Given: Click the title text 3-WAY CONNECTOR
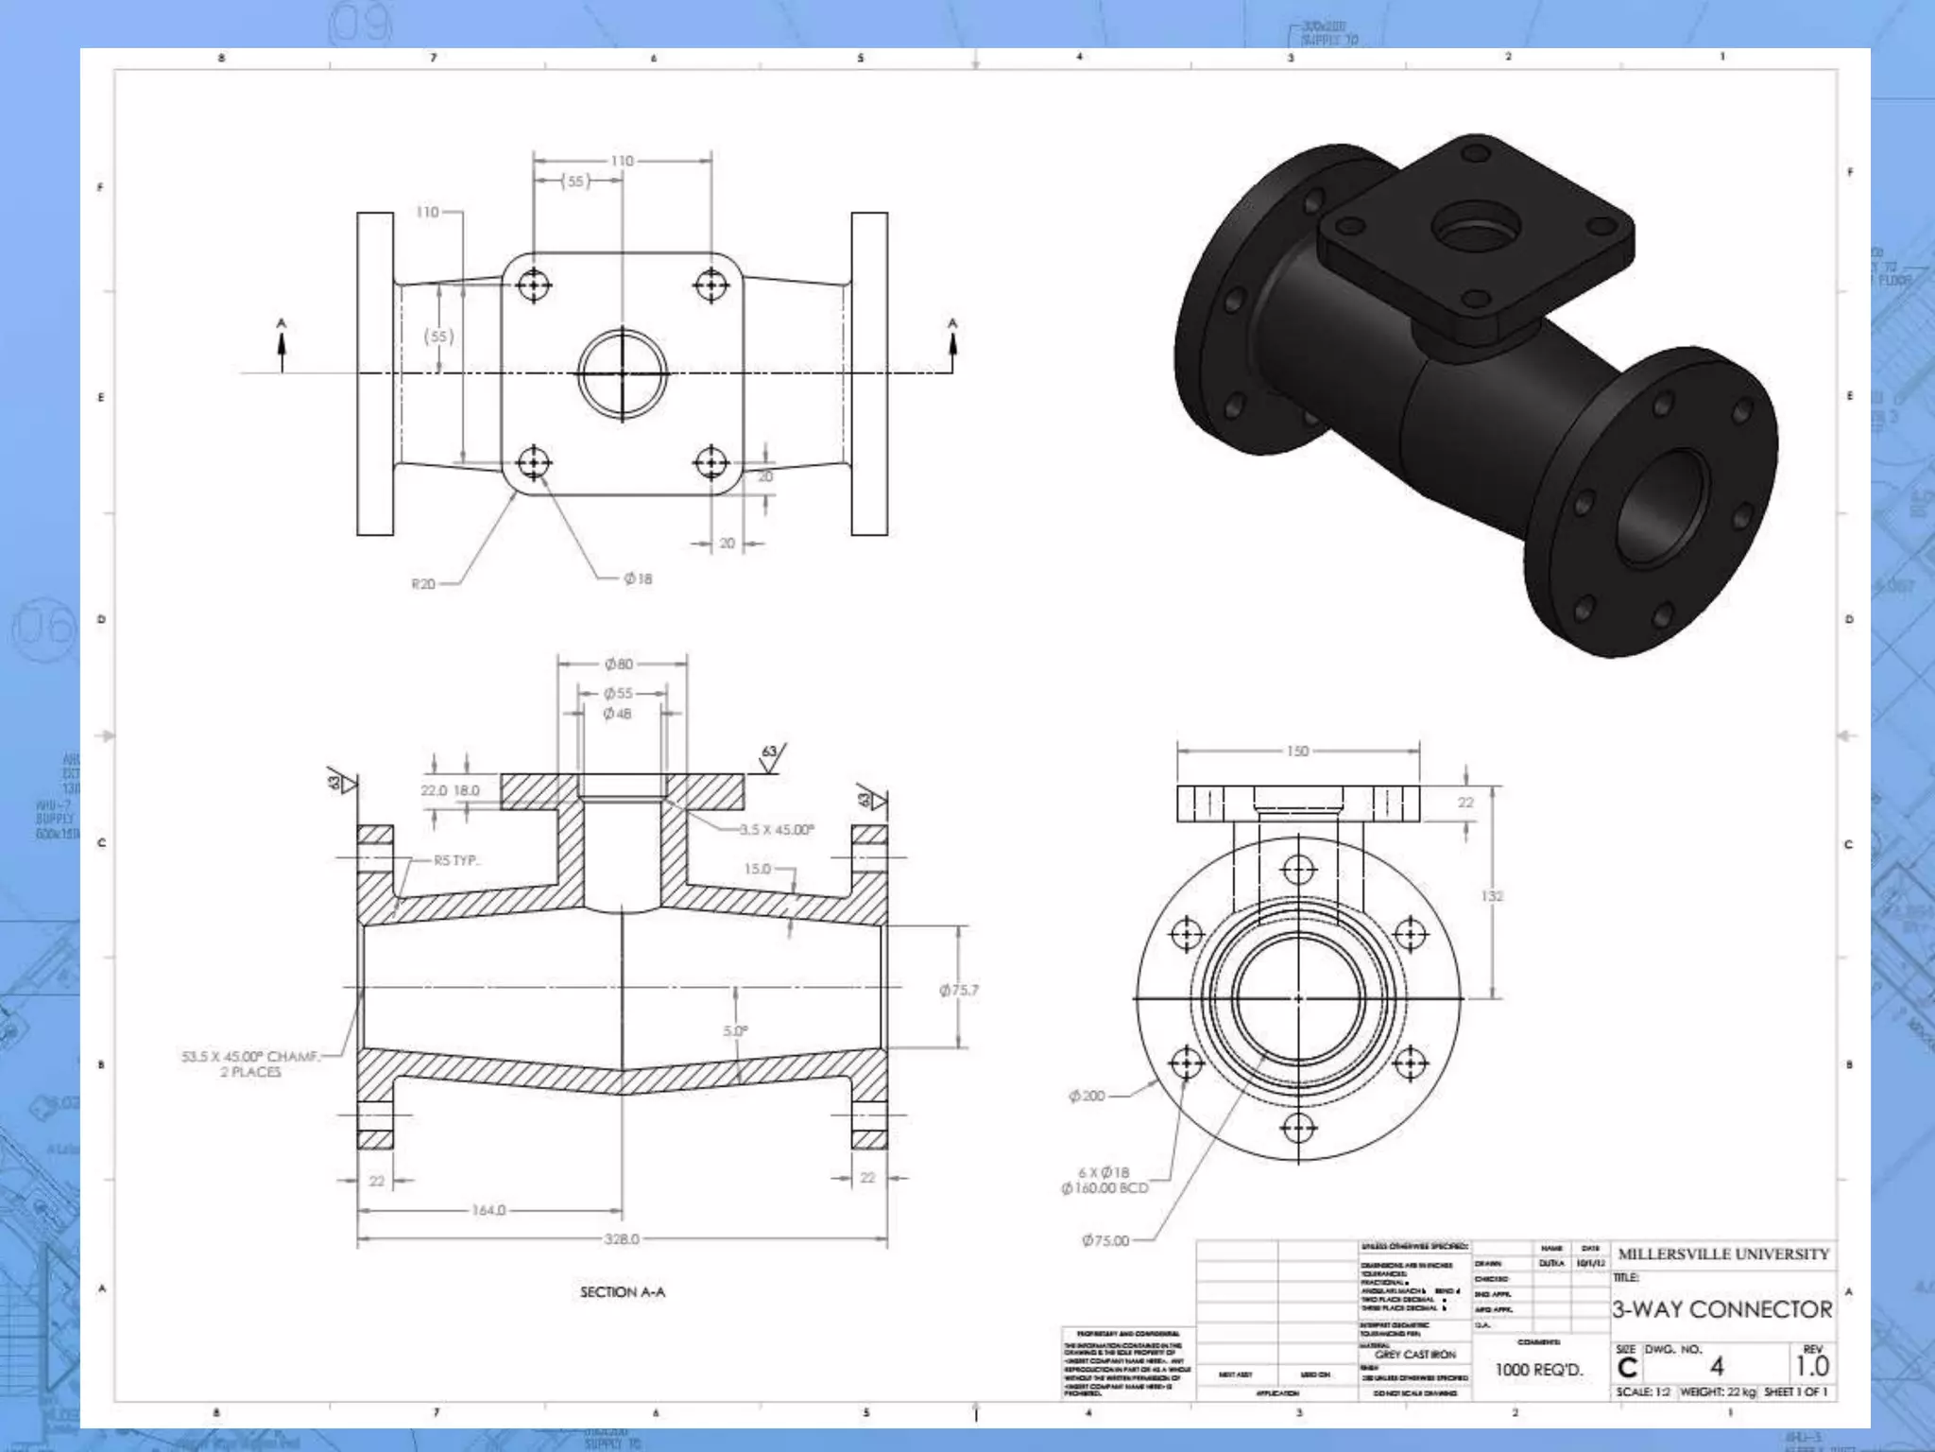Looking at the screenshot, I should tap(1721, 1309).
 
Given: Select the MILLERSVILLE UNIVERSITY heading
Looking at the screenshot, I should tap(1723, 1254).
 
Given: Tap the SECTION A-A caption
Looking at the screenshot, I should tap(622, 1292).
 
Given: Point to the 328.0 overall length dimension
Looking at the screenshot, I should tap(622, 1239).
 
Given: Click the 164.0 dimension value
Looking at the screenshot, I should tap(488, 1210).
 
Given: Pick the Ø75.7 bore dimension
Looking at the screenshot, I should tap(958, 991).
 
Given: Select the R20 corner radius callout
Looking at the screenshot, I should tap(423, 584).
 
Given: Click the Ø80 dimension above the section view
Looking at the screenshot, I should tap(619, 665).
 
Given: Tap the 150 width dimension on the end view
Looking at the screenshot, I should tap(1297, 752).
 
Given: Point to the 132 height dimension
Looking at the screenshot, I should tap(1491, 895).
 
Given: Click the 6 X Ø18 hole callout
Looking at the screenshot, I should tap(1104, 1172).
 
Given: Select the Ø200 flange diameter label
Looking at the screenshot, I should tap(1087, 1097).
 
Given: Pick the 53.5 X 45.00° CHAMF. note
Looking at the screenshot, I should tap(250, 1057).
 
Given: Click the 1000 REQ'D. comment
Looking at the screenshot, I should tap(1538, 1370).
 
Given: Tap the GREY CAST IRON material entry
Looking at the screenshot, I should tap(1415, 1355).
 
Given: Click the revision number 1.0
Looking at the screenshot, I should tap(1812, 1367).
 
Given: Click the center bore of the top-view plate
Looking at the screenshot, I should tap(622, 373).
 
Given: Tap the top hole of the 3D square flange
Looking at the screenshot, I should tap(1476, 152).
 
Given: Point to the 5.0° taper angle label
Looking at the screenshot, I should tap(735, 1031).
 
